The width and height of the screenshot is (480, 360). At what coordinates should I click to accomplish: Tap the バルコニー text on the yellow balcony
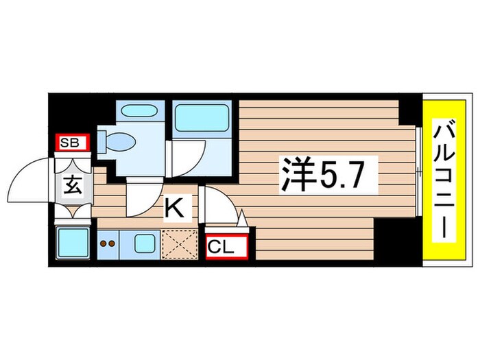(x=444, y=180)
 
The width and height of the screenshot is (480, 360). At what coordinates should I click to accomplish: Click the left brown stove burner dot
(x=102, y=243)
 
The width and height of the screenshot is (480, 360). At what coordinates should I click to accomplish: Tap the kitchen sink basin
(x=145, y=243)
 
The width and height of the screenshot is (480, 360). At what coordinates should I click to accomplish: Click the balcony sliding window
(x=418, y=171)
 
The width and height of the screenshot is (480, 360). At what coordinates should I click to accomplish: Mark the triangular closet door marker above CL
(x=241, y=220)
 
